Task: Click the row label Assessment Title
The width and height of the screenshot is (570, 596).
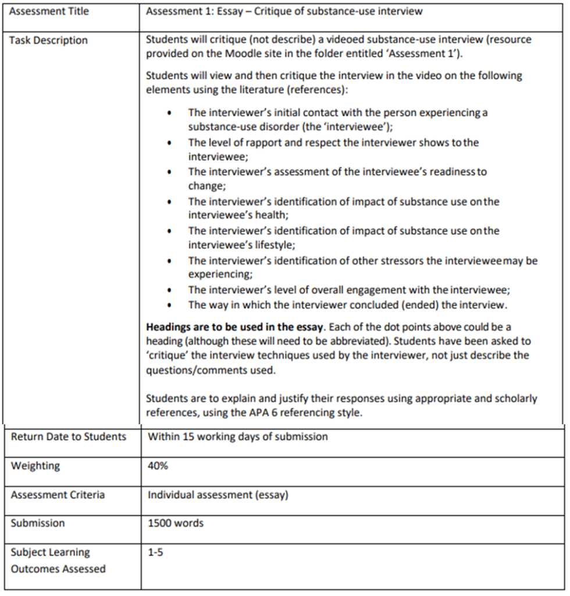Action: click(49, 11)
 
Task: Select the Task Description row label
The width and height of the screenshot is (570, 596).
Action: click(48, 40)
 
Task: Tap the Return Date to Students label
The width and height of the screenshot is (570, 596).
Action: click(69, 437)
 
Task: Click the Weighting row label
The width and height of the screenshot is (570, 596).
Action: click(35, 466)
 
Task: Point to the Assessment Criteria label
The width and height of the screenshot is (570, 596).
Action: click(58, 495)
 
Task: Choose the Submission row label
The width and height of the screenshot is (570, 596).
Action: click(38, 523)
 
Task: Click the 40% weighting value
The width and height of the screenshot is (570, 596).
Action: click(158, 466)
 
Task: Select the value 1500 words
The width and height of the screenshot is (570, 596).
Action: click(176, 523)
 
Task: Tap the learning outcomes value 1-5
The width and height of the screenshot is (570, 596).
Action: click(155, 552)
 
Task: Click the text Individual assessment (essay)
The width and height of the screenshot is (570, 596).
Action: click(218, 495)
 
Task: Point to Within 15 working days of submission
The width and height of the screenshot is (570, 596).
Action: click(238, 437)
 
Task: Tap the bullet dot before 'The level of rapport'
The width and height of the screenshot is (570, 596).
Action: click(169, 143)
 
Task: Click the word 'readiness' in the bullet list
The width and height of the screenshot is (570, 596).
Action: click(448, 172)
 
